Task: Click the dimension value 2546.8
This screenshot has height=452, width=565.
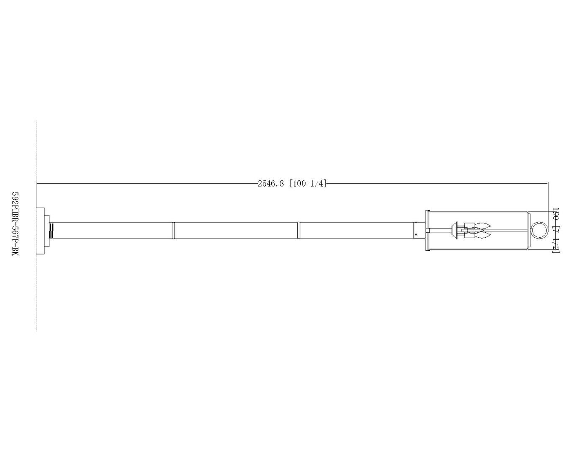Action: pos(271,184)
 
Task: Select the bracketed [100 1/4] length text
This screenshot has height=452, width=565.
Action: pos(308,184)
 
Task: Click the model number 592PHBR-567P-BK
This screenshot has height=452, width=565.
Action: pos(15,224)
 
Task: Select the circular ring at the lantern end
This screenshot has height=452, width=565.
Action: pos(539,230)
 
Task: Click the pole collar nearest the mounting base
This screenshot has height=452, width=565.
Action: pos(173,230)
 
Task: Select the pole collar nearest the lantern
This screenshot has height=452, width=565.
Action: pos(298,230)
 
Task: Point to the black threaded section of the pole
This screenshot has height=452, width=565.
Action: pos(51,230)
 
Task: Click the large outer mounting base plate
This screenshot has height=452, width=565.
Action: pos(40,230)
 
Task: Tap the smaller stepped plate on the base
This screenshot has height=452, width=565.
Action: pos(47,230)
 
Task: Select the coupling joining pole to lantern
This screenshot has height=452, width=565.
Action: pos(417,230)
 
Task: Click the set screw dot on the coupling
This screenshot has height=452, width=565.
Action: pos(416,234)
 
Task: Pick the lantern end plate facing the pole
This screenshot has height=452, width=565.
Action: pos(427,230)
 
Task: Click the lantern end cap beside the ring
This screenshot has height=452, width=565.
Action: pos(529,230)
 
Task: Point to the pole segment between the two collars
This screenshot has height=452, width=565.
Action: pos(236,230)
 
